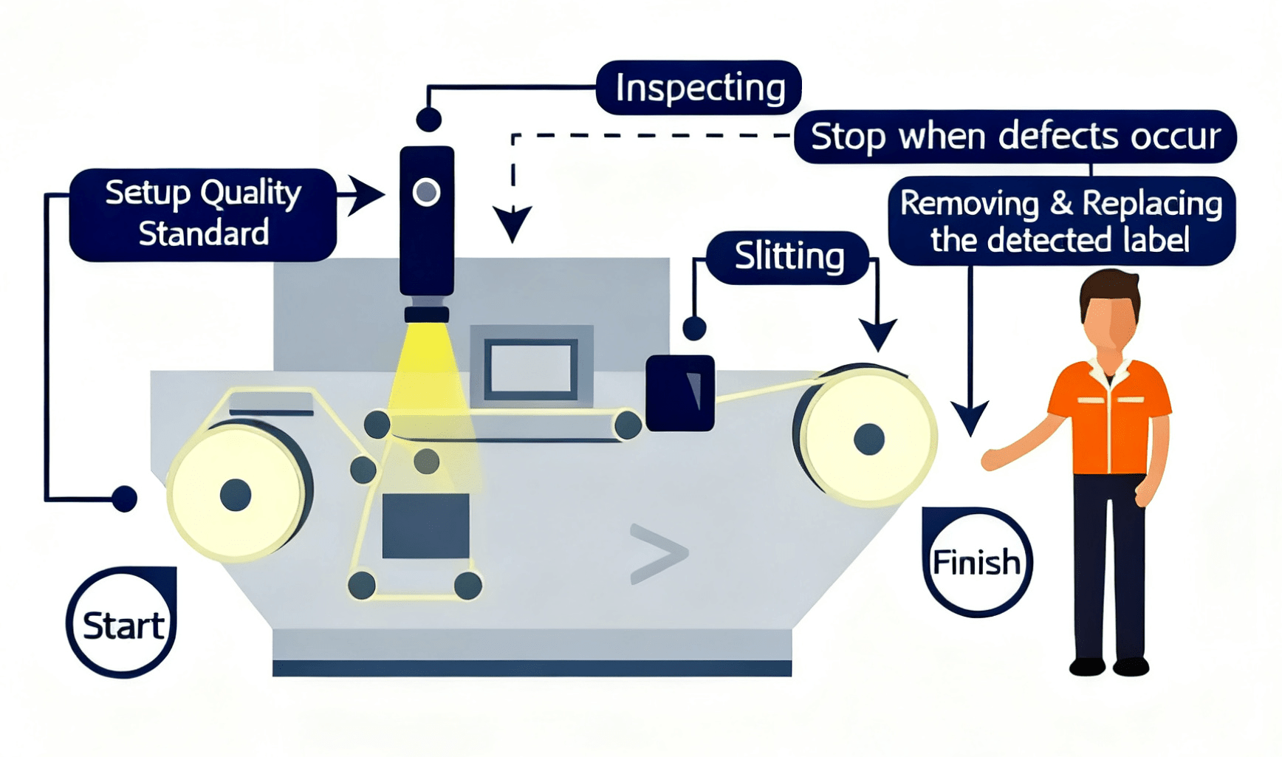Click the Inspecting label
click(x=699, y=88)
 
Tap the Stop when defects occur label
click(x=1015, y=137)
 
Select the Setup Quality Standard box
click(x=203, y=214)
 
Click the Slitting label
click(x=788, y=257)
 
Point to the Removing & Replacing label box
click(x=1061, y=221)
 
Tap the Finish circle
click(x=976, y=562)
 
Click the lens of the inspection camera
click(x=426, y=192)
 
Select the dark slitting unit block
click(x=679, y=393)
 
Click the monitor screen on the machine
click(x=532, y=369)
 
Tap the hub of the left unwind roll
click(x=236, y=494)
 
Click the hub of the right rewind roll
click(x=868, y=439)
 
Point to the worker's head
click(x=1110, y=309)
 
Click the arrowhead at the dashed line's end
click(x=513, y=224)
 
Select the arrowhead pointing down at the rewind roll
click(x=878, y=335)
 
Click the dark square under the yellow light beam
click(x=425, y=525)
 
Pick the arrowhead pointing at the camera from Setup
click(x=366, y=195)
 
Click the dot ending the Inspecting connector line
click(x=428, y=119)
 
